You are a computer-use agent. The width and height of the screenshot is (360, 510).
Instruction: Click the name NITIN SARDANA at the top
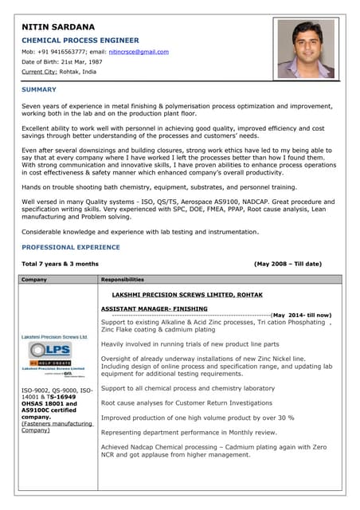[x=58, y=27]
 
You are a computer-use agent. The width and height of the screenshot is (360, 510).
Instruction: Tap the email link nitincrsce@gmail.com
[x=139, y=52]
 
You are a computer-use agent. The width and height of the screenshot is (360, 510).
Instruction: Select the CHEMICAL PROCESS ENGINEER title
[x=80, y=40]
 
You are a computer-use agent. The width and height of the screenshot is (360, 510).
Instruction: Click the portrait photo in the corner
[x=305, y=49]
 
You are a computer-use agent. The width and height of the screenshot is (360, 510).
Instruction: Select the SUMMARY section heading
[x=39, y=89]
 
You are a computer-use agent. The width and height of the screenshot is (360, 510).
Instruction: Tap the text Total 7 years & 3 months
[x=61, y=263]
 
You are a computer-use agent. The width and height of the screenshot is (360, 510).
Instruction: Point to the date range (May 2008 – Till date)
[x=288, y=263]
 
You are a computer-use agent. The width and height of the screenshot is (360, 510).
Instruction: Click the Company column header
[x=34, y=280]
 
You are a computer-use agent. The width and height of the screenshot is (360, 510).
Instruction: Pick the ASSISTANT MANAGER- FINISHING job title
[x=154, y=308]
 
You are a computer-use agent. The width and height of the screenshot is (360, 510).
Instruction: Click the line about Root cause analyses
[x=186, y=403]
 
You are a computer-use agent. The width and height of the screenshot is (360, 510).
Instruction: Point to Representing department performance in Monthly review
[x=189, y=431]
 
